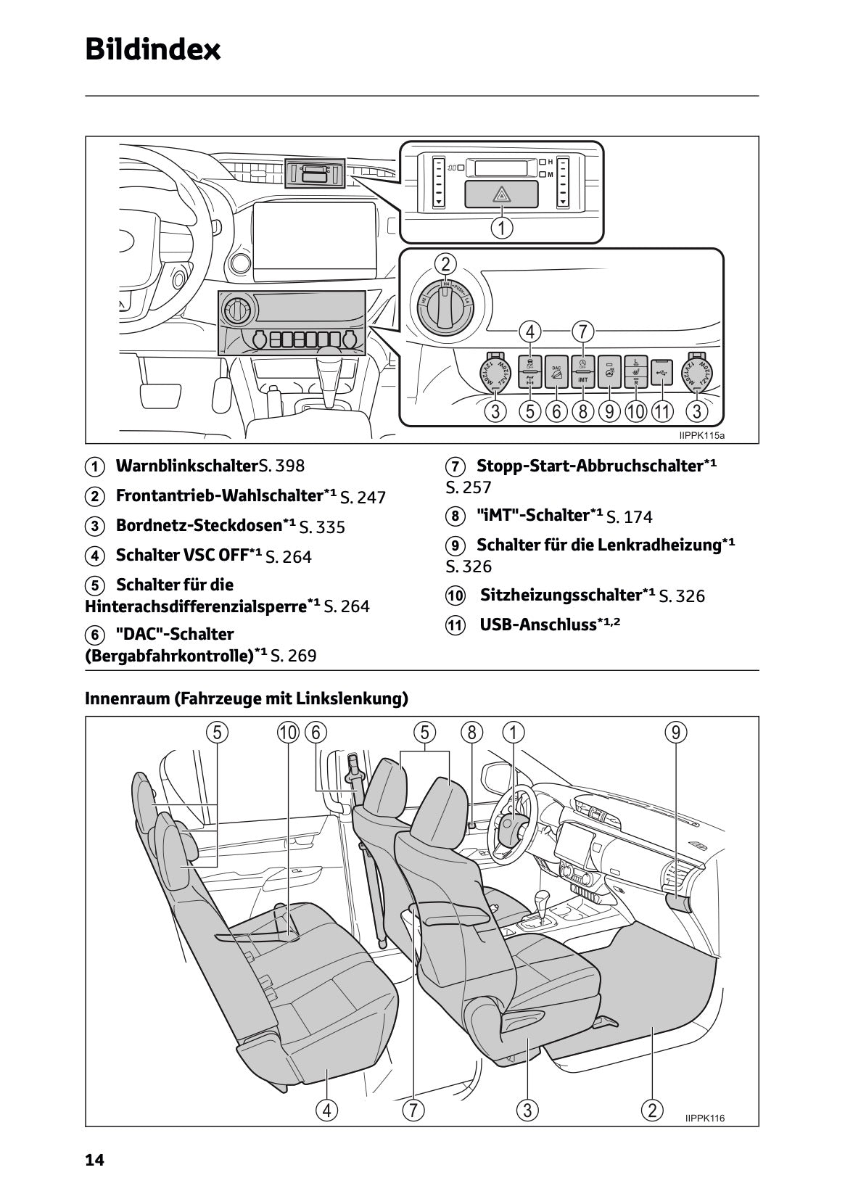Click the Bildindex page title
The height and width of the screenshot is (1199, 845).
point(152,50)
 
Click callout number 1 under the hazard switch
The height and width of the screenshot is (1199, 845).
point(501,228)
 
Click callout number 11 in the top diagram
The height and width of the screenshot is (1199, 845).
point(661,412)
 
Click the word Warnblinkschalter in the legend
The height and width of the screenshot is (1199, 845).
point(182,466)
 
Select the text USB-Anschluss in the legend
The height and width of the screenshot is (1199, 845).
point(537,625)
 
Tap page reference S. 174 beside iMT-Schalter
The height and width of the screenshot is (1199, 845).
point(629,517)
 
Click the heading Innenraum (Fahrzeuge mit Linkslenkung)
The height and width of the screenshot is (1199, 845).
point(247,699)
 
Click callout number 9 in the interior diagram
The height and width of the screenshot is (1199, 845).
point(675,733)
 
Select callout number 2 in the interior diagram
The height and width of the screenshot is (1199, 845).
point(652,1110)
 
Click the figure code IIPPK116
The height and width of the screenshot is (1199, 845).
point(704,1118)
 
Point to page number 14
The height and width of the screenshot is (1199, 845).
point(95,1161)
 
